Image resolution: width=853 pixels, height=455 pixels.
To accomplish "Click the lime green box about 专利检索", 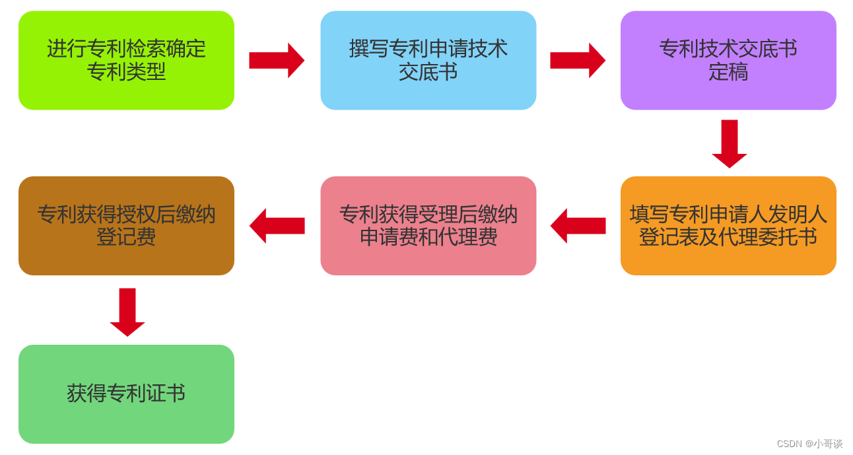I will (x=126, y=60).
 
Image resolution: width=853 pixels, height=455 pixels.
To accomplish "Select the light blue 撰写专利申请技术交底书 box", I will (x=428, y=60).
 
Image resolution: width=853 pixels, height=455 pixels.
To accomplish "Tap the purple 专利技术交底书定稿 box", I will (x=728, y=60).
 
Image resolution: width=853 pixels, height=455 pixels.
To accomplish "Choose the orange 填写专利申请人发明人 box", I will (x=728, y=225).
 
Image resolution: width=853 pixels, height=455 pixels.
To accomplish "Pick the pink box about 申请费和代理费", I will (x=428, y=225).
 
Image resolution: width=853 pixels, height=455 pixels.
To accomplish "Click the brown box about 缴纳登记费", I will (x=126, y=225).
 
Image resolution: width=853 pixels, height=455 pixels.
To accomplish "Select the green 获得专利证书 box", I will (x=126, y=394).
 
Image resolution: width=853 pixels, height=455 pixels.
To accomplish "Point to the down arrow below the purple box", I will (x=729, y=143).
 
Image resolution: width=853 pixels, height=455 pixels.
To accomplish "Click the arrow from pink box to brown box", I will (x=277, y=226).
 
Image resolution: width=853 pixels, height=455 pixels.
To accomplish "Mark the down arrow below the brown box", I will (x=127, y=312).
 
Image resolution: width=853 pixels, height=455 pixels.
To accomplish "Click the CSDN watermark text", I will (x=789, y=444).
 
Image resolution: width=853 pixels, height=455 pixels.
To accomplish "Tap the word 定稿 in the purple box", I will (x=728, y=72).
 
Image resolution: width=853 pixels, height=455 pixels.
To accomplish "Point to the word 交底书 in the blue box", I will (x=428, y=72).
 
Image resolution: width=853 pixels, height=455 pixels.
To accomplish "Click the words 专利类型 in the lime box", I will (x=126, y=72).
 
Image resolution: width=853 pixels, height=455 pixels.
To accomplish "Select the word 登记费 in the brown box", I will (x=126, y=237).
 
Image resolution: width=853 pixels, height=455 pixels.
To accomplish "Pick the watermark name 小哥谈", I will (x=828, y=444).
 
